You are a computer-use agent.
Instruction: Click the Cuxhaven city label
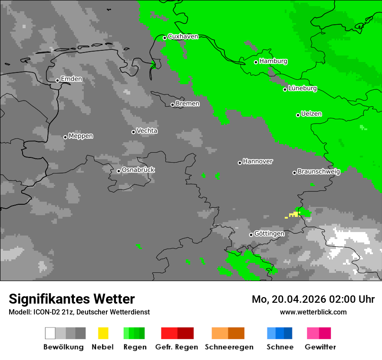[183, 36]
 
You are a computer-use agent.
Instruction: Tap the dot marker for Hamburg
[256, 62]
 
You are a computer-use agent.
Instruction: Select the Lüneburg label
[303, 88]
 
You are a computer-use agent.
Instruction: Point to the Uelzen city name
[311, 114]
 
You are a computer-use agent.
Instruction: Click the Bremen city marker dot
[172, 105]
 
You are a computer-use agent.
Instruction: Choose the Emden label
[71, 79]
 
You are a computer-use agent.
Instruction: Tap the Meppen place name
[81, 136]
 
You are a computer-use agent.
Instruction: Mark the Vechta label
[147, 131]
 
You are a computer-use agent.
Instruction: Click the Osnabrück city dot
[119, 171]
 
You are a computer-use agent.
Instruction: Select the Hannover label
[258, 161]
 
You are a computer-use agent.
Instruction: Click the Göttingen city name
[269, 234]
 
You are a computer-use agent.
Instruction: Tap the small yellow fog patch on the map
[293, 215]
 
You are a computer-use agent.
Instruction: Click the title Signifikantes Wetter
[72, 299]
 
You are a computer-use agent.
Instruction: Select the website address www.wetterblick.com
[313, 312]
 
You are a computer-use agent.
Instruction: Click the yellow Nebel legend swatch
[103, 333]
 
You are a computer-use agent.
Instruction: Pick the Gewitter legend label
[320, 347]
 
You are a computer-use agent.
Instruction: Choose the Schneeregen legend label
[229, 347]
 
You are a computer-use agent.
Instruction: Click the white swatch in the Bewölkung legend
[50, 333]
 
